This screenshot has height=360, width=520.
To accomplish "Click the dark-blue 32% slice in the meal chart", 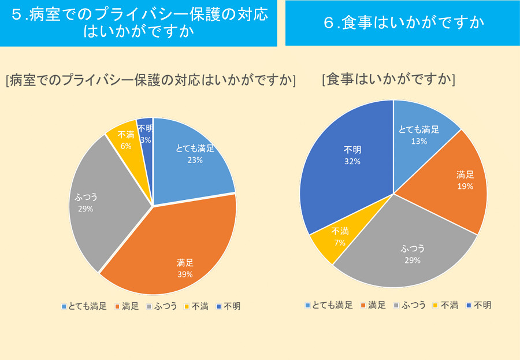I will click(x=347, y=162).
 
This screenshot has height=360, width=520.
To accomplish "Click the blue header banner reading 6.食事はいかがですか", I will click(x=403, y=23).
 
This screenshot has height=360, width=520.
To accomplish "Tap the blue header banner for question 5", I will click(x=138, y=23).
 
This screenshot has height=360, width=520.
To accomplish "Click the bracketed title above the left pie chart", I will click(x=150, y=80).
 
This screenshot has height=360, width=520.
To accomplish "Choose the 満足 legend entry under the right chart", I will click(x=373, y=305).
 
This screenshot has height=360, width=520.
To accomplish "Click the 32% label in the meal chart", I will click(x=352, y=162).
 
